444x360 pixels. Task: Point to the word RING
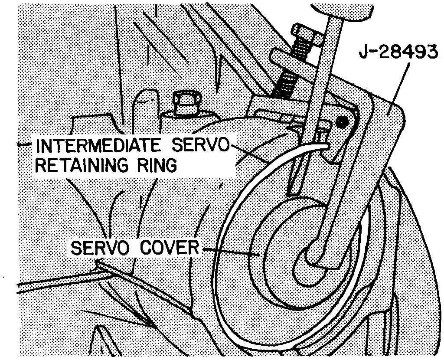156,165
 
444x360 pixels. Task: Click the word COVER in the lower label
171,249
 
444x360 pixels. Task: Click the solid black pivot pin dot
343,123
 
